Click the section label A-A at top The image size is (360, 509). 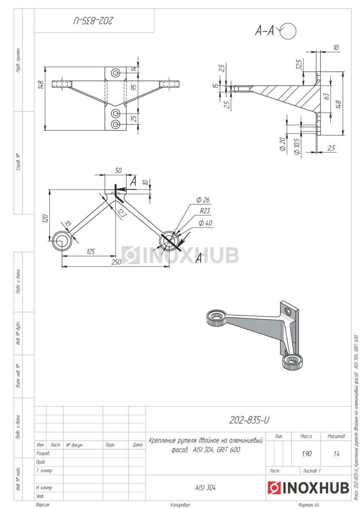tap(264, 31)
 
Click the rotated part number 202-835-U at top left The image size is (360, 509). tap(94, 20)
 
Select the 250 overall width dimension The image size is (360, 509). tap(116, 262)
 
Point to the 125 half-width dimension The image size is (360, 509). tap(90, 252)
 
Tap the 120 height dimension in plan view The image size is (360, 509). tap(45, 218)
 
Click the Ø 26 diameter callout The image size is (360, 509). tap(202, 200)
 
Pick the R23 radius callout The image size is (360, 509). tap(205, 210)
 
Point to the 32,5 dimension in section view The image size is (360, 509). tap(299, 64)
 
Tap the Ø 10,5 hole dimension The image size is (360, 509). tap(297, 145)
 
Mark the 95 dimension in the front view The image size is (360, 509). tap(134, 87)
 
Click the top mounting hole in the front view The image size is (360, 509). tap(116, 73)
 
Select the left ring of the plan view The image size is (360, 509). tap(63, 241)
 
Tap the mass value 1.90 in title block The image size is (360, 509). tap(306, 454)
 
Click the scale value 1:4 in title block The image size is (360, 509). tap(336, 454)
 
